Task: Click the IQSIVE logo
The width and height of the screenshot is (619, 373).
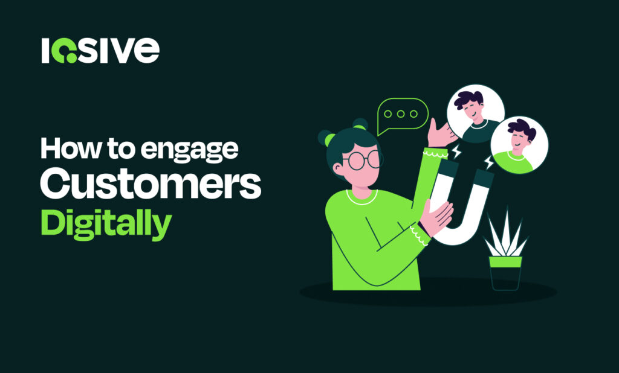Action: (100, 51)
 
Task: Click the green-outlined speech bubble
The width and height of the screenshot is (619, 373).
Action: (403, 115)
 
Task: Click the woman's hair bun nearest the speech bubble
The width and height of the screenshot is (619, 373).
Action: (360, 124)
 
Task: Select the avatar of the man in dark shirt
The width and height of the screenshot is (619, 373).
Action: (476, 112)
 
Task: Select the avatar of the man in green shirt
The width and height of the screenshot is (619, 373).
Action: (519, 145)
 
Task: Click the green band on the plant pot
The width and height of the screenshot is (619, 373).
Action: (505, 261)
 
